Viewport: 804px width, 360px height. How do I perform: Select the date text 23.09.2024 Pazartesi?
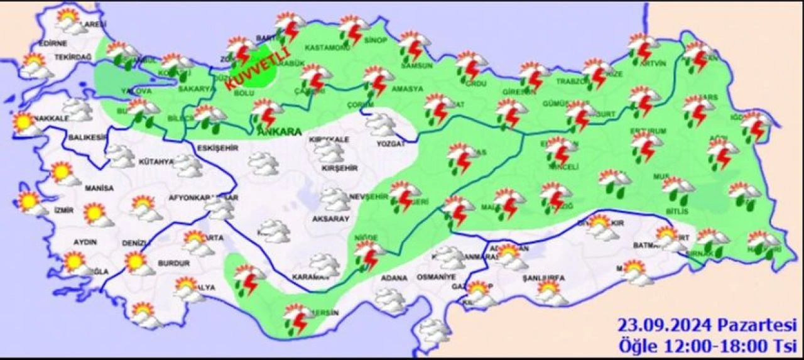(707, 326)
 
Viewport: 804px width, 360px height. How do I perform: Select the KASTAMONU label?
(327, 48)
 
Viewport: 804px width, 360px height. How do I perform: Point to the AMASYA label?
(407, 89)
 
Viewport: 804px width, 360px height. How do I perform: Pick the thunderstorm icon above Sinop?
(354, 29)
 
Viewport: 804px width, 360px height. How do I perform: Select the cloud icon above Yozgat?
(381, 124)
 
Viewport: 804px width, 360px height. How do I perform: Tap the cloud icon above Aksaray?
(335, 200)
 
